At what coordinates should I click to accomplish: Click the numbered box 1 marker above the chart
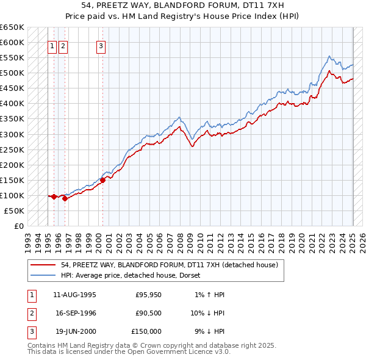52,45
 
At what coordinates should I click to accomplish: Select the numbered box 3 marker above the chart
101,45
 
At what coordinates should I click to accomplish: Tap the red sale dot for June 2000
102,180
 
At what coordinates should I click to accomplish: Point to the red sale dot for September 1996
64,198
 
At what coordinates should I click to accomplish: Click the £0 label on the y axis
18,226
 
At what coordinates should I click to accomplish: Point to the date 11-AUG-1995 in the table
74,295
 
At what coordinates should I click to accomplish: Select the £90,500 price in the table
146,313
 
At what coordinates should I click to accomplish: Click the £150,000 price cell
146,331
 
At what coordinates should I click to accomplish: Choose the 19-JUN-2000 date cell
74,331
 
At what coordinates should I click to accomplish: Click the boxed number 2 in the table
31,313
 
